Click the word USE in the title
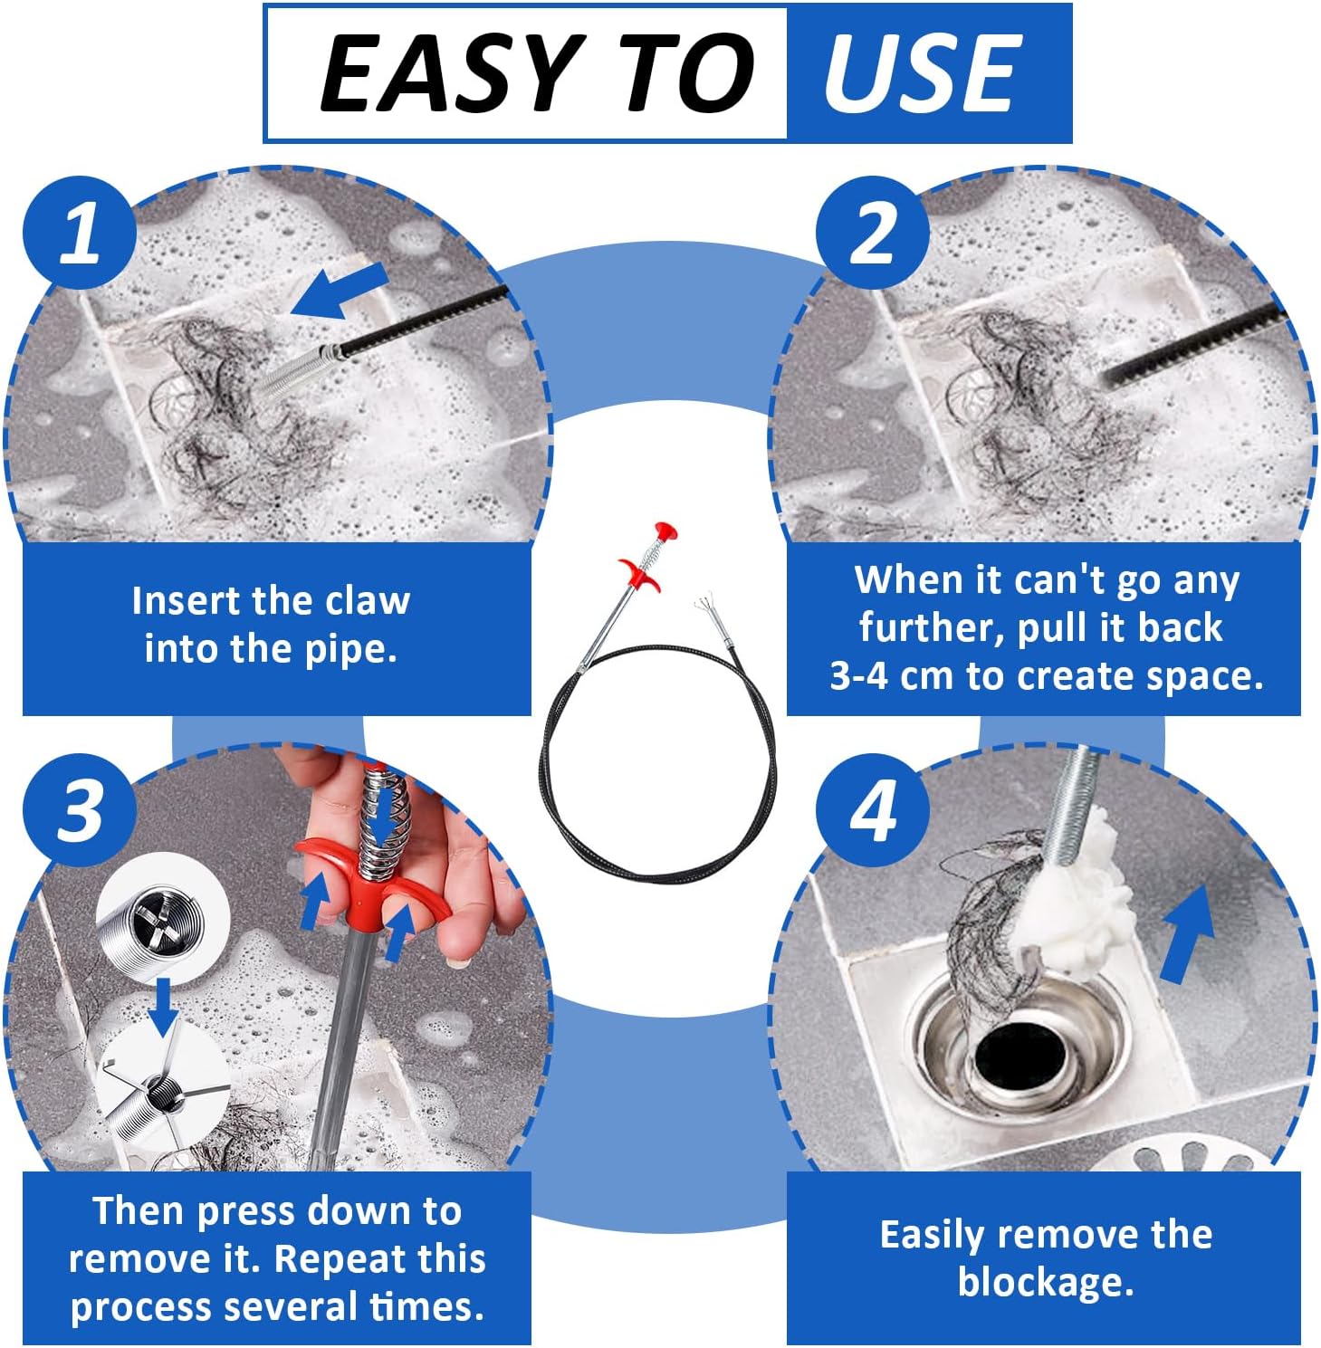pyautogui.click(x=922, y=73)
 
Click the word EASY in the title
pyautogui.click(x=449, y=73)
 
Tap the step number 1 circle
pyautogui.click(x=80, y=233)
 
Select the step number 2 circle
pyautogui.click(x=872, y=233)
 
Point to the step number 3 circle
pyautogui.click(x=80, y=809)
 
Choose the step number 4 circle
pyautogui.click(x=872, y=809)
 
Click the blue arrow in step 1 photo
pyautogui.click(x=340, y=292)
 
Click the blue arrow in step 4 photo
pyautogui.click(x=1187, y=933)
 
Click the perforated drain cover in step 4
pyautogui.click(x=1186, y=1155)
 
